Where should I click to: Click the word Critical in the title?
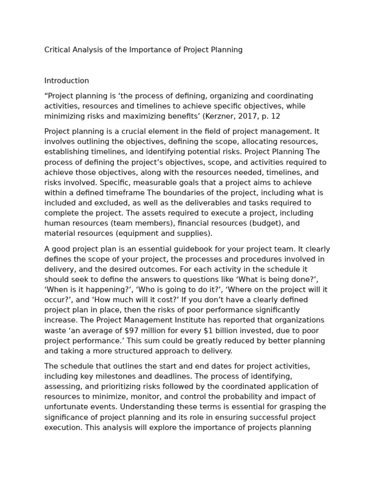[x=57, y=50]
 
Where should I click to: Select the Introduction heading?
[x=67, y=81]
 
